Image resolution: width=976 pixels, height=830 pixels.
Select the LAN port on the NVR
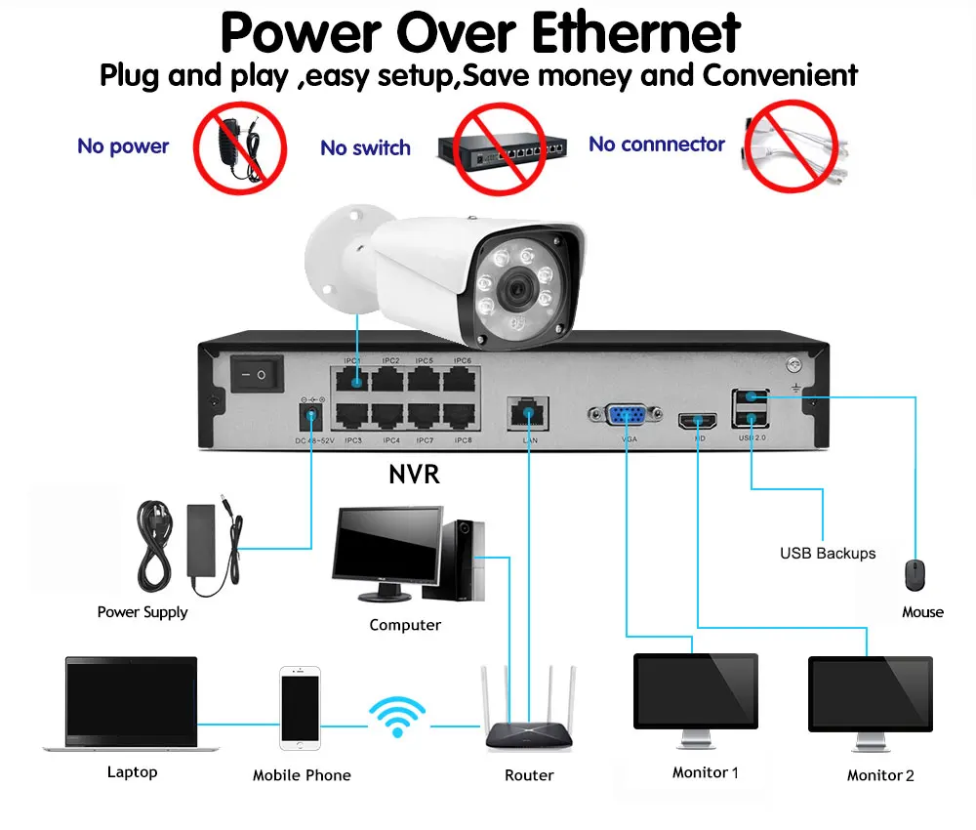point(529,414)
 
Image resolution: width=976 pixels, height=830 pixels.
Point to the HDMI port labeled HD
point(699,421)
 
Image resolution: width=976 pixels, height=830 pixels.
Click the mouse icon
point(915,575)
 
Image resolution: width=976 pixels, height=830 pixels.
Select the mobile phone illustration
point(300,709)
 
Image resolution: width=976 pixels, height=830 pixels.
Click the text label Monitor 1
point(705,772)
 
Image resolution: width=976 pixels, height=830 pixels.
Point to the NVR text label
point(414,476)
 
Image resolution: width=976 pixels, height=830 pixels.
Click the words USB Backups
point(828,554)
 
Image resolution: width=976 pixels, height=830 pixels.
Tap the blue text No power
point(123,146)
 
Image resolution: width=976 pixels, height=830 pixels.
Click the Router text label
point(529,775)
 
